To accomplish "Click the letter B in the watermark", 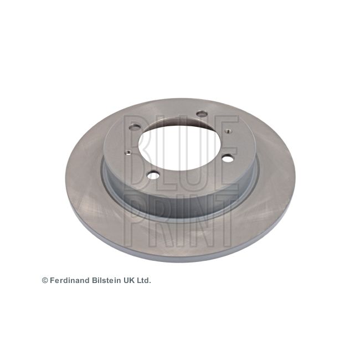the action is point(137,153).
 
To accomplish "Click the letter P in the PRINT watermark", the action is point(135,220).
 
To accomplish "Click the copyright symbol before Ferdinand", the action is point(45,281).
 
